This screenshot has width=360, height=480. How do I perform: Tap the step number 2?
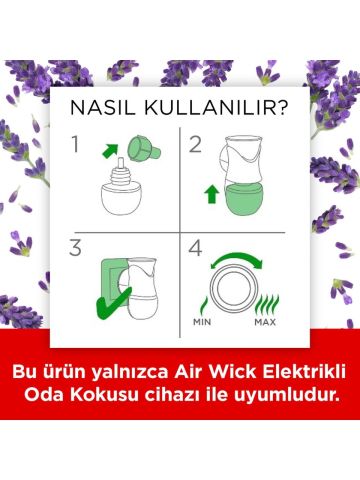(x=197, y=144)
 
